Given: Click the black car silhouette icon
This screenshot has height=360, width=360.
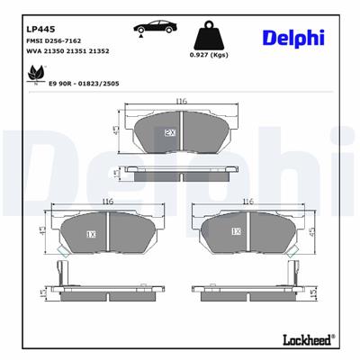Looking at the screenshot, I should [x=157, y=29].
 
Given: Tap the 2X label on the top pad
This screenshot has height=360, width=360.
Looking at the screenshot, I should [x=169, y=132].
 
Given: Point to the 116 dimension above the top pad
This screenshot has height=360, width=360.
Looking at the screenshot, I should [x=181, y=102].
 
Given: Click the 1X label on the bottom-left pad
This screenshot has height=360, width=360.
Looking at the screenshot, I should [x=91, y=233].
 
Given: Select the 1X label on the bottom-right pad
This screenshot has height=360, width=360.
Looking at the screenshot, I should [x=236, y=231].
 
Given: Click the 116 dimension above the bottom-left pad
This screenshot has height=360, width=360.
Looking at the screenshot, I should [x=107, y=202].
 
